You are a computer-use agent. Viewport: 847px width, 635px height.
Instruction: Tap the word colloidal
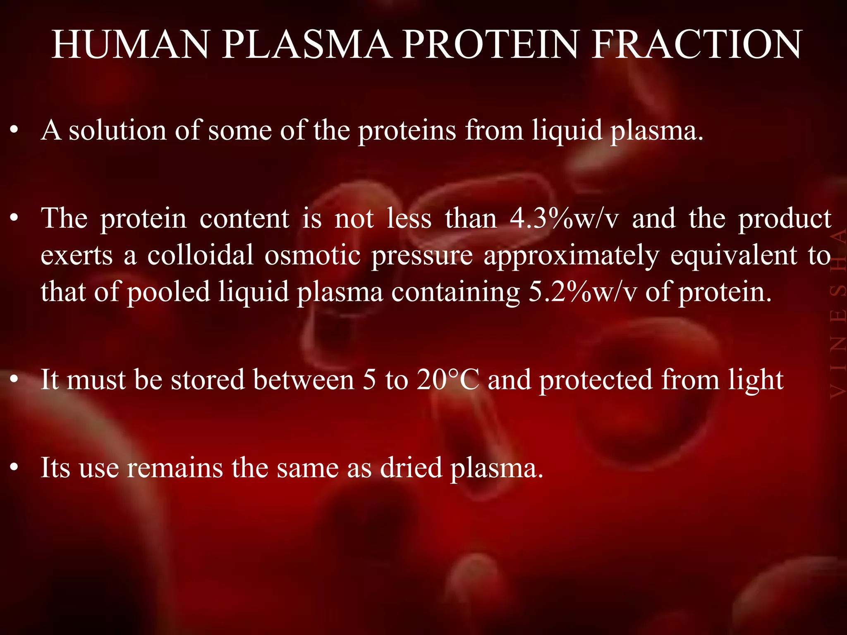[x=200, y=255]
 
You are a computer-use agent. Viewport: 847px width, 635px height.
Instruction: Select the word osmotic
[x=313, y=255]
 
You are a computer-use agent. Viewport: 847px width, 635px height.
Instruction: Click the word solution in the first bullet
[x=117, y=130]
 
